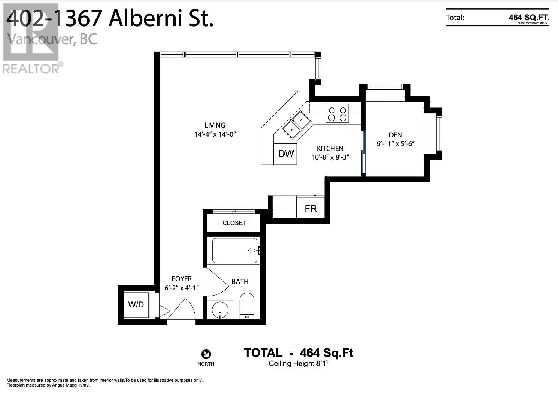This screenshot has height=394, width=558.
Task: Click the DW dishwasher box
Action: tap(286, 154)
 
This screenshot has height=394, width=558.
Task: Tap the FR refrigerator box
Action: tap(310, 209)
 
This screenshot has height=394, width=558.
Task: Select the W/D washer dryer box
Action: tap(136, 304)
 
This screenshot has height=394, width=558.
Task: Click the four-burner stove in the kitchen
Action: tap(337, 113)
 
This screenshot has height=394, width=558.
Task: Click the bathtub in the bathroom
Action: tap(235, 251)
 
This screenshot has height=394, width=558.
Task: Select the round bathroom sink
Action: tap(220, 310)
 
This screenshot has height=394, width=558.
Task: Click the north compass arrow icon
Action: tap(206, 354)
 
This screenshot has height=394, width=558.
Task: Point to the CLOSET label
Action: tap(234, 223)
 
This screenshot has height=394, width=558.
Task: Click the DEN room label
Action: tap(395, 135)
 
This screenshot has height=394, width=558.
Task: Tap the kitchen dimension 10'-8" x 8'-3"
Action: tap(330, 157)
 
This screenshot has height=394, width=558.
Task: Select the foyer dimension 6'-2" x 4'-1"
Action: tap(181, 288)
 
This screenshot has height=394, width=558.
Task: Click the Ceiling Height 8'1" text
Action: tap(298, 364)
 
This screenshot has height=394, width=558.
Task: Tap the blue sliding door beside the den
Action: tap(363, 152)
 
